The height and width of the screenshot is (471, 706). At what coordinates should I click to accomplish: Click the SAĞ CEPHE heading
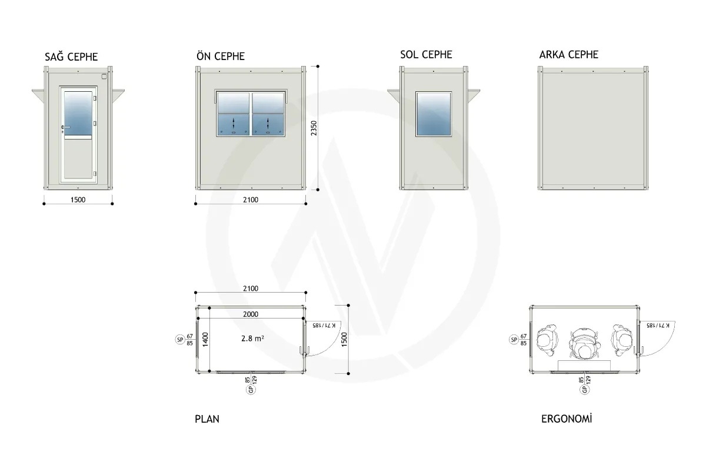pyautogui.click(x=71, y=57)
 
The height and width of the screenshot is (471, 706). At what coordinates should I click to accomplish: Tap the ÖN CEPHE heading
pyautogui.click(x=221, y=56)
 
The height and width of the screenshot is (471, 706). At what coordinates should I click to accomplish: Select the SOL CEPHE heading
pyautogui.click(x=426, y=55)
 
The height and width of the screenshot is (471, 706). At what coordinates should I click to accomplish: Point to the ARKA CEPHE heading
pyautogui.click(x=568, y=55)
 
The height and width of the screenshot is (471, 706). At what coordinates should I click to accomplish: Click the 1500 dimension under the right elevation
pyautogui.click(x=78, y=200)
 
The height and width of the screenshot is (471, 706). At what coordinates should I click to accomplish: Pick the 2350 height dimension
pyautogui.click(x=314, y=128)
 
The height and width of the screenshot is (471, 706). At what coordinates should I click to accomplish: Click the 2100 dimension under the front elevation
pyautogui.click(x=251, y=200)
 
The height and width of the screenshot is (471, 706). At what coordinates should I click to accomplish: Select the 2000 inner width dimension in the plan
pyautogui.click(x=251, y=314)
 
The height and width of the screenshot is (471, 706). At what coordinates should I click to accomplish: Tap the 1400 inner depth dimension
pyautogui.click(x=205, y=340)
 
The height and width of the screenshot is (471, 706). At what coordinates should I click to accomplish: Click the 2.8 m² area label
pyautogui.click(x=252, y=339)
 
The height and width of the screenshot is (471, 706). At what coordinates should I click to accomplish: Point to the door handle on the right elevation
pyautogui.click(x=65, y=127)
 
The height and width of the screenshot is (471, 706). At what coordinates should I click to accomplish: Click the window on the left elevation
pyautogui.click(x=434, y=114)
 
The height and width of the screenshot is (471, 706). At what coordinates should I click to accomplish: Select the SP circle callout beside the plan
pyautogui.click(x=180, y=340)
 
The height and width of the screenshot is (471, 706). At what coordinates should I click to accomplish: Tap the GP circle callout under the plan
pyautogui.click(x=251, y=390)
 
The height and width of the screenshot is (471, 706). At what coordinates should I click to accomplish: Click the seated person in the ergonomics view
pyautogui.click(x=585, y=344)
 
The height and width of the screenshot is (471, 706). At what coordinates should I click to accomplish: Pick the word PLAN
pyautogui.click(x=207, y=419)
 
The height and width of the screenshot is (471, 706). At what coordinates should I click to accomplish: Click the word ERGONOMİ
pyautogui.click(x=567, y=419)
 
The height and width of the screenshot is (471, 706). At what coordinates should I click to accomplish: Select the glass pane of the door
pyautogui.click(x=78, y=113)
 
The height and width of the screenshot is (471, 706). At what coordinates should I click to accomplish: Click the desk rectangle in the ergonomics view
pyautogui.click(x=584, y=365)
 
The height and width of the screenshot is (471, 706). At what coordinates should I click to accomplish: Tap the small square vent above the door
pyautogui.click(x=104, y=77)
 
